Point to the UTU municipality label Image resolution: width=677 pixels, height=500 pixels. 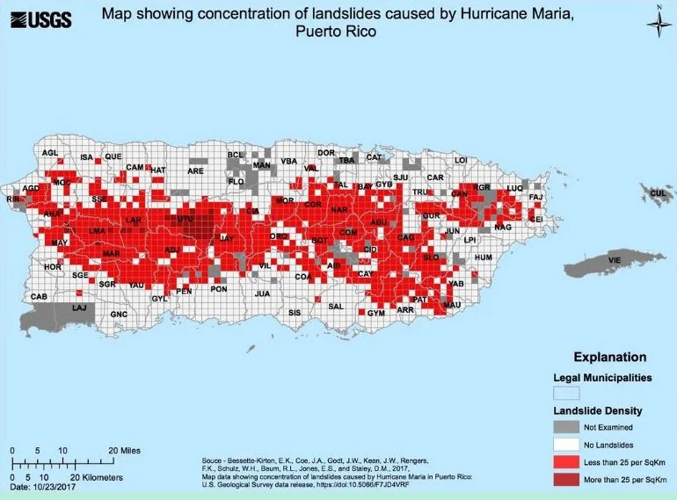pyautogui.click(x=185, y=218)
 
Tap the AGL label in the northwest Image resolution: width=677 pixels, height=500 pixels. pyautogui.click(x=50, y=153)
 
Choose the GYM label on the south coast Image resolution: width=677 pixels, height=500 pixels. pyautogui.click(x=376, y=313)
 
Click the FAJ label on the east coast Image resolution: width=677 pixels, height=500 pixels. pyautogui.click(x=536, y=198)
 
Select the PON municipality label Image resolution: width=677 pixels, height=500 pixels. pyautogui.click(x=219, y=289)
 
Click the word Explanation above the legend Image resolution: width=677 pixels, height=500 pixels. pyautogui.click(x=609, y=358)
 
